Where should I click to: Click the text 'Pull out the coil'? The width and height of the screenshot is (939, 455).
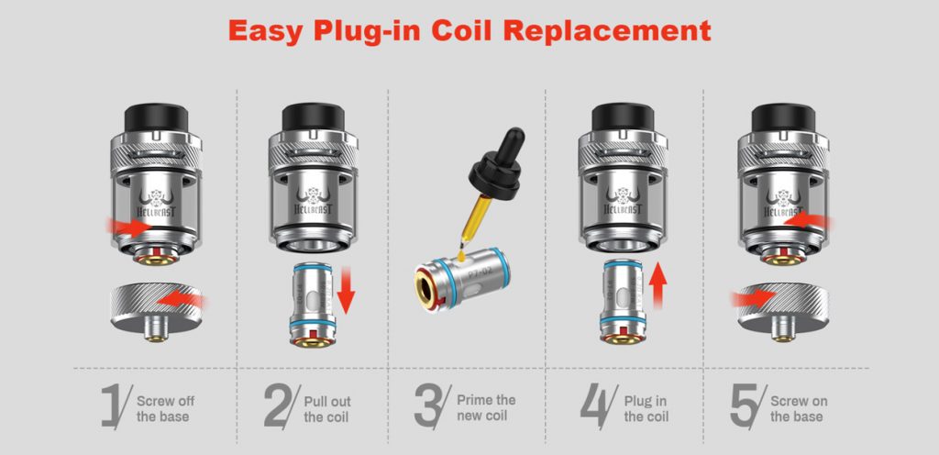(x=327, y=409)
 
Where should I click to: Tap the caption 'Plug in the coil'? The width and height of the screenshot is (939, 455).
(x=646, y=409)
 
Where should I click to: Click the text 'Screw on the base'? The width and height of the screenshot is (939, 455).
(x=799, y=409)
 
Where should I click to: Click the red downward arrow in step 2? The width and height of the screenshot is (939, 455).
(x=346, y=291)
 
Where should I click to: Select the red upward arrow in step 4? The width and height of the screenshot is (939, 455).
(x=657, y=285)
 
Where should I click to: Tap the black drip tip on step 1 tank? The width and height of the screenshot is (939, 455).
(x=156, y=117)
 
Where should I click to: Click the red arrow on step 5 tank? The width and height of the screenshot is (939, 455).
(x=806, y=221)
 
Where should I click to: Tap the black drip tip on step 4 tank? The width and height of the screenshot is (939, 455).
(x=624, y=117)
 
